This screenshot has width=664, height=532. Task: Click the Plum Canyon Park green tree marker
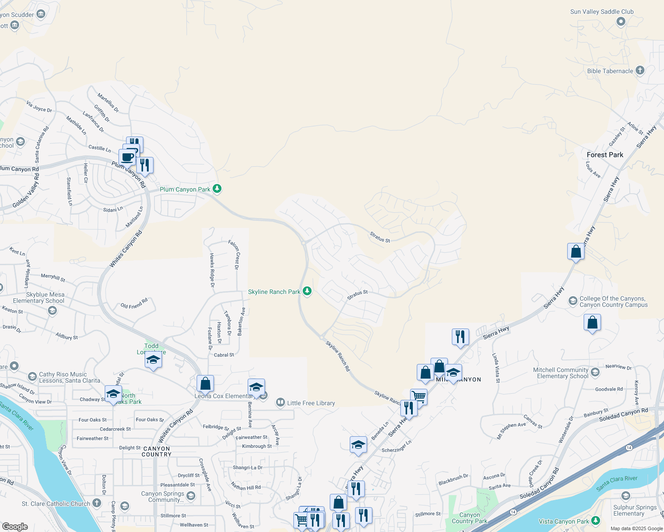click(x=217, y=189)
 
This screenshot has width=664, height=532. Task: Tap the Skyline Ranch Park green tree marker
click(x=307, y=291)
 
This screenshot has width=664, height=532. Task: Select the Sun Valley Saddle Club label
click(x=601, y=12)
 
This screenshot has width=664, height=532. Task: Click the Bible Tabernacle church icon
click(x=640, y=70)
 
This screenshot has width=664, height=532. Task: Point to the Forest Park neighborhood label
click(x=605, y=155)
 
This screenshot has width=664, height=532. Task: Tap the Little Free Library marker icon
click(x=280, y=403)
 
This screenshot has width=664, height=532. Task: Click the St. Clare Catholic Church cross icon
click(x=97, y=503)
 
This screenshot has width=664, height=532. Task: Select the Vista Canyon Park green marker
click(x=596, y=521)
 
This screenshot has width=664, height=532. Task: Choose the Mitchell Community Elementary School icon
click(x=595, y=372)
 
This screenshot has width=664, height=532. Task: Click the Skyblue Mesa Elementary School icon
click(x=52, y=310)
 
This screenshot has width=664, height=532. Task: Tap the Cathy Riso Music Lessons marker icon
click(x=32, y=377)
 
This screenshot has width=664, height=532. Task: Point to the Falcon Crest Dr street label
click(x=234, y=254)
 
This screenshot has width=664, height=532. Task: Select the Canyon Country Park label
click(x=469, y=518)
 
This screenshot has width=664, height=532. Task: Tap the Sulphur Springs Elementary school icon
click(x=626, y=496)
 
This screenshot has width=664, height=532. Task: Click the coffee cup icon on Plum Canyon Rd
click(x=127, y=157)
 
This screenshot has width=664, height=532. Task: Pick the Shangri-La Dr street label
click(x=248, y=467)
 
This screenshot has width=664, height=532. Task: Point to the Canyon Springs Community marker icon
click(x=191, y=496)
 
